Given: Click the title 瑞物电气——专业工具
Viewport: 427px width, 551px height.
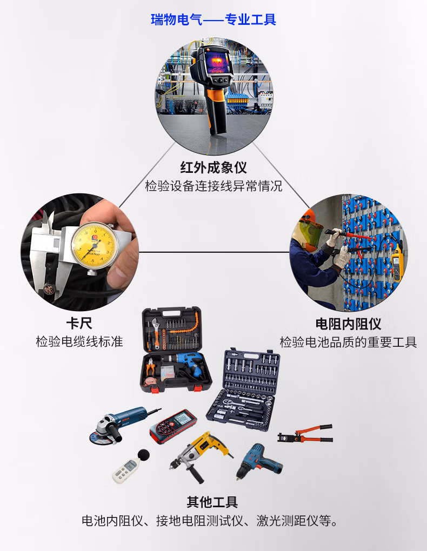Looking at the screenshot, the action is [x=213, y=19].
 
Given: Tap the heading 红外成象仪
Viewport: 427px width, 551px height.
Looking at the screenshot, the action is [x=213, y=167].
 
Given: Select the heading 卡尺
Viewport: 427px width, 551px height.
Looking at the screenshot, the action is [x=79, y=323].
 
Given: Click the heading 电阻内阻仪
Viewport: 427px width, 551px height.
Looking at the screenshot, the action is [x=348, y=324].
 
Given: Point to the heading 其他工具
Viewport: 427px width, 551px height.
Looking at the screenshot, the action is [x=212, y=502].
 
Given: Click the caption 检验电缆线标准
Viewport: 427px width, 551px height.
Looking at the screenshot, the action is [x=79, y=341].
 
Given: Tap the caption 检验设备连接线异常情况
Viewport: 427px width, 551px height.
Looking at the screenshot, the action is [x=213, y=185].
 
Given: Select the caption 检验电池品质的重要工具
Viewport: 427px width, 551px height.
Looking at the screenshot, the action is [x=348, y=342].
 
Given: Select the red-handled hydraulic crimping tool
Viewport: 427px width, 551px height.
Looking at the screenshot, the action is [x=305, y=433].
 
